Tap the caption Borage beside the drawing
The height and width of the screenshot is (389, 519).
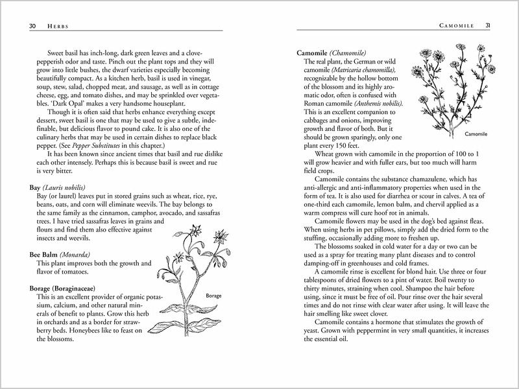pos(215,296)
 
